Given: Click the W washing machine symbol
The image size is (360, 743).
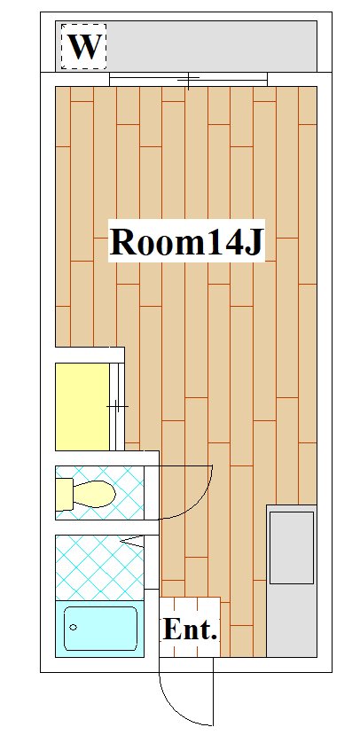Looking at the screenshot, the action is (83, 46).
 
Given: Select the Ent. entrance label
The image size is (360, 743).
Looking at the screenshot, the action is (190, 629).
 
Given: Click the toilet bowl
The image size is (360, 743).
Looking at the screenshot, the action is (95, 494).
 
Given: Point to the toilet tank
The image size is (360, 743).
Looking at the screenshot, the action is (65, 494).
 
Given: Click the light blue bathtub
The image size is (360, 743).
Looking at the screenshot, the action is (99, 629).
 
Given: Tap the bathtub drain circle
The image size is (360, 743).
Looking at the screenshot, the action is (73, 628).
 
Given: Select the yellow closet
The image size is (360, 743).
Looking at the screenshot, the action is (82, 406).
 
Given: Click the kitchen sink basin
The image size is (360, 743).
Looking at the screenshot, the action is (292, 547).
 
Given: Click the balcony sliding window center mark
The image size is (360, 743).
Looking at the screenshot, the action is (189, 81).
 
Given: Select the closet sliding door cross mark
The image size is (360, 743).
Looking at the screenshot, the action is (117, 406).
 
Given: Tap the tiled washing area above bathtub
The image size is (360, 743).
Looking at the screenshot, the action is (99, 567).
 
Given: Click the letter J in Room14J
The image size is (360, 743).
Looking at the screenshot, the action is (254, 242).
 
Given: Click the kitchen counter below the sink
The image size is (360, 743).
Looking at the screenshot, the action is (292, 621).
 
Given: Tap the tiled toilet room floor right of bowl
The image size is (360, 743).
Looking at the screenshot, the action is (129, 493).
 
